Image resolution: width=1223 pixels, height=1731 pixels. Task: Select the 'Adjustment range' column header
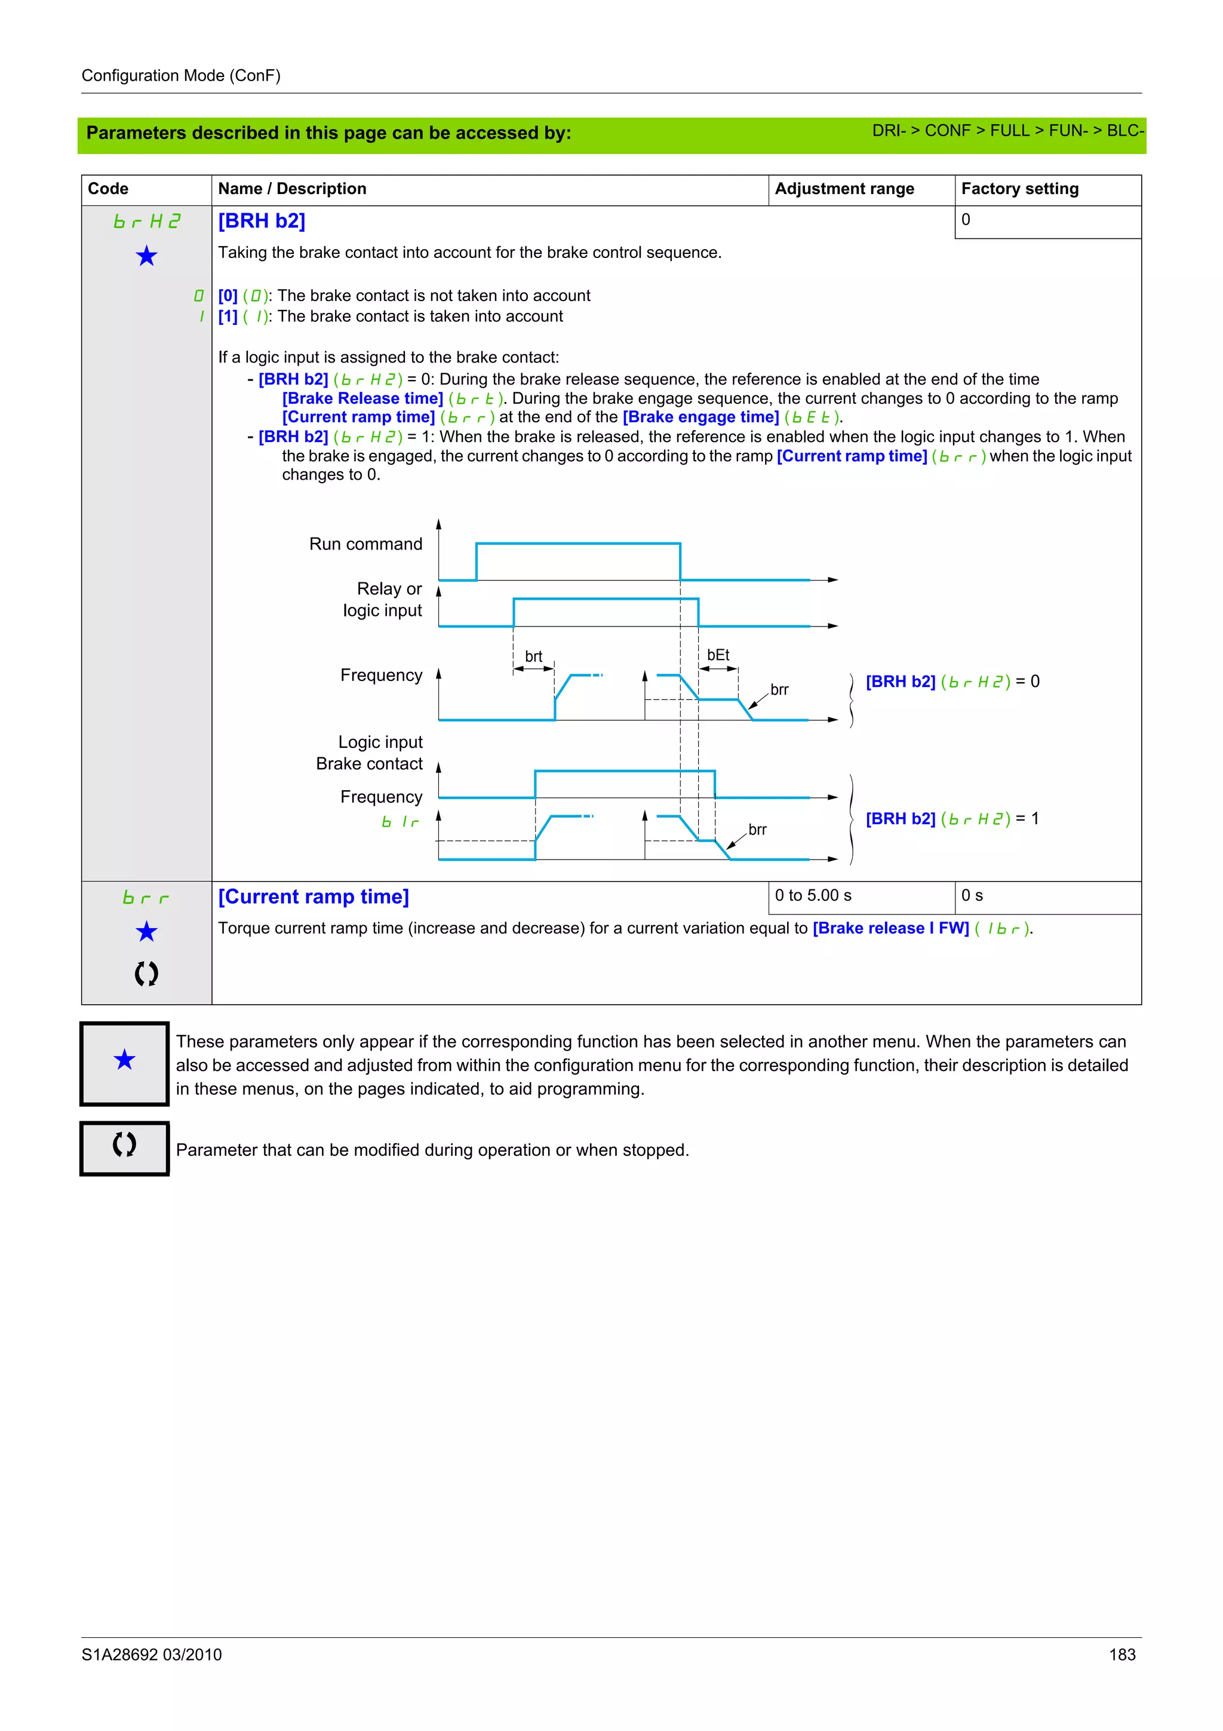click(x=844, y=189)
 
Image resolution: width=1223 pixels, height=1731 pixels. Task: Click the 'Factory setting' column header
click(x=1019, y=189)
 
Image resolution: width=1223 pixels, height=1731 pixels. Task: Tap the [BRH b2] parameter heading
click(x=262, y=221)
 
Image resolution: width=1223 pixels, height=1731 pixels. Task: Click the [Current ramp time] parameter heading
click(x=314, y=897)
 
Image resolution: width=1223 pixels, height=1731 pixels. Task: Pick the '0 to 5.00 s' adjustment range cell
click(x=813, y=895)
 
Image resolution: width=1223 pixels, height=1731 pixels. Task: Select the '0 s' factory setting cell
click(x=972, y=895)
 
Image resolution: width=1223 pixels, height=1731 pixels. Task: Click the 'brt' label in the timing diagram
click(x=533, y=656)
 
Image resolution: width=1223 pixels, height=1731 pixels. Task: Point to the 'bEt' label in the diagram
click(x=718, y=655)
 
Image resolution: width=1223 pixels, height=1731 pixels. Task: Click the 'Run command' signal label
click(x=365, y=544)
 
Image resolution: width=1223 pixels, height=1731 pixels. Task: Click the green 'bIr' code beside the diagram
click(x=400, y=822)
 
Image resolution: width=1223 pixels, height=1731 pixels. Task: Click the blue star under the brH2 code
click(x=146, y=256)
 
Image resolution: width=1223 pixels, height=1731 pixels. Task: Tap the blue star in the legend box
click(x=124, y=1060)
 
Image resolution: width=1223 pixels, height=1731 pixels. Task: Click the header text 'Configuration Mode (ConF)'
click(x=181, y=75)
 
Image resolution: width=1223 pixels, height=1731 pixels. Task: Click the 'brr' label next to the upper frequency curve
click(x=779, y=689)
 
